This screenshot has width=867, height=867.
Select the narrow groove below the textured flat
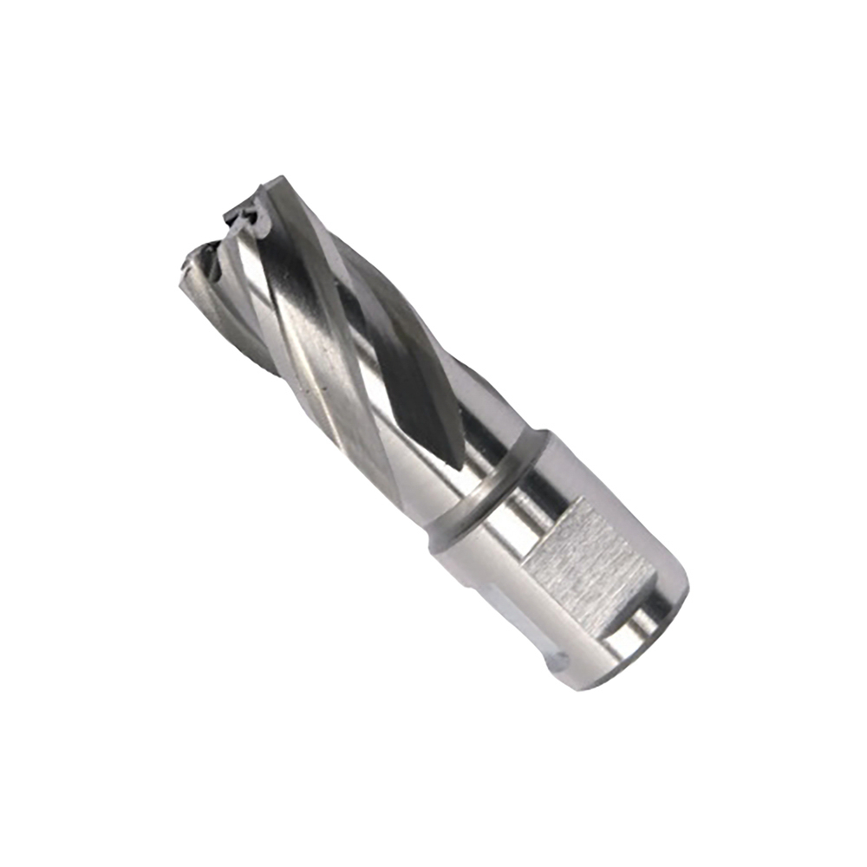[x=620, y=620]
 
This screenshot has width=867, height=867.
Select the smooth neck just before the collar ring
[x=442, y=486]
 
